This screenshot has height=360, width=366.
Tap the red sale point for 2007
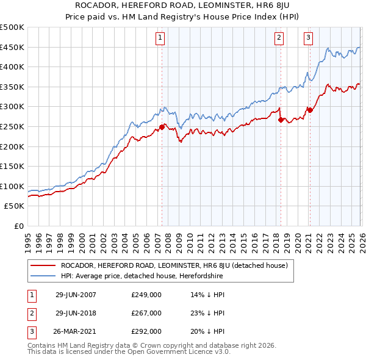point(162,127)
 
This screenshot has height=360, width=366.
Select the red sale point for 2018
point(281,120)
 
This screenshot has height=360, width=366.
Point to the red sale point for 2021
point(310,110)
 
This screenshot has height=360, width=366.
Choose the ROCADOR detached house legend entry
point(178,265)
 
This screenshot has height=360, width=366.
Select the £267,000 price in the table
point(146,313)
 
